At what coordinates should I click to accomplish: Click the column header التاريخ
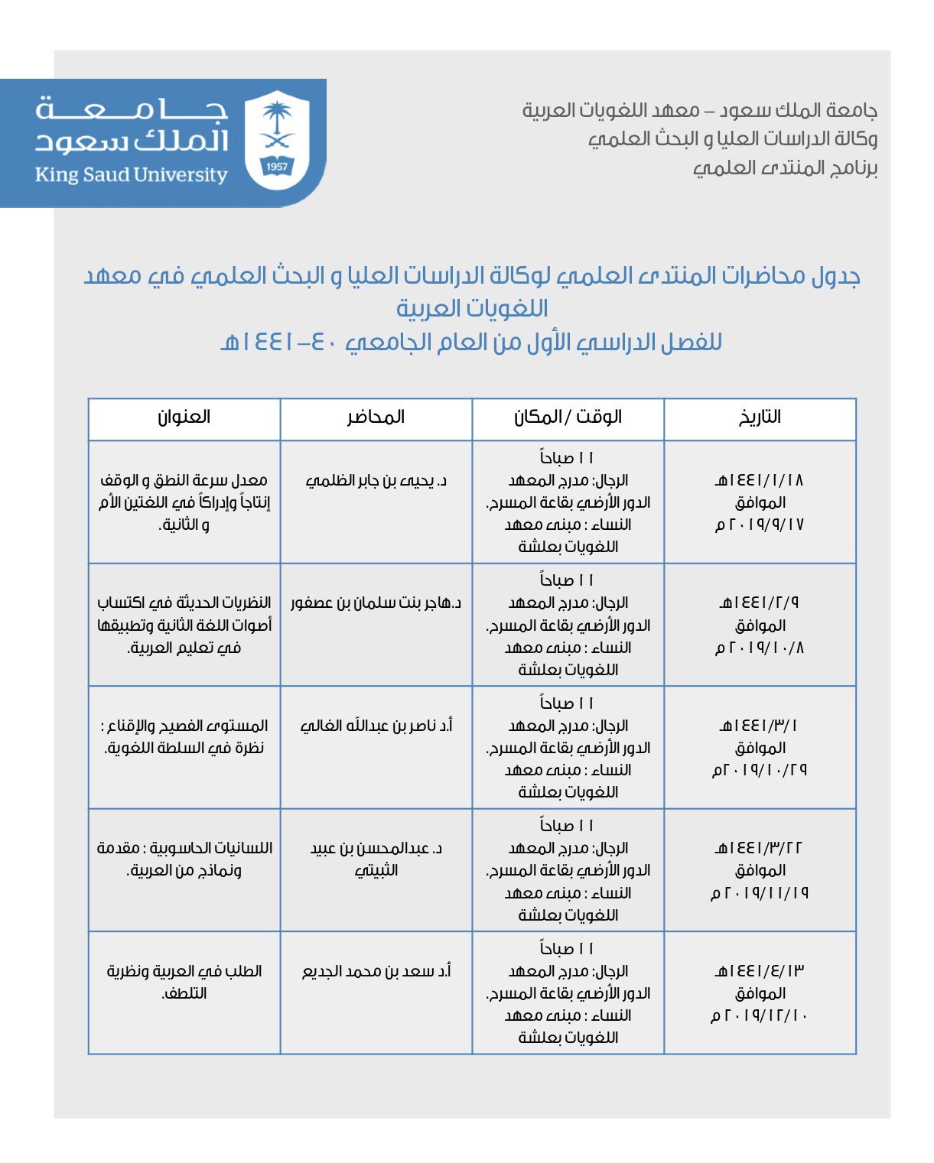(x=760, y=417)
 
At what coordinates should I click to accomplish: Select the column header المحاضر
(x=376, y=417)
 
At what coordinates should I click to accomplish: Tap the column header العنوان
(x=184, y=417)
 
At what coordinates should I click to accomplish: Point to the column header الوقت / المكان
(x=568, y=417)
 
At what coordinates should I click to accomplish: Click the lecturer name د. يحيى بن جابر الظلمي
(x=376, y=481)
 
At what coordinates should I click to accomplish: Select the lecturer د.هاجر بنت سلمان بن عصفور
(x=376, y=603)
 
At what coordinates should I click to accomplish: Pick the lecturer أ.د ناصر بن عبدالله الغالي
(x=376, y=726)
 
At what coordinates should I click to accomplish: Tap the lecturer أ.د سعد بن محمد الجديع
(x=376, y=971)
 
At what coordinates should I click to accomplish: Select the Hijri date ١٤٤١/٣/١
(x=760, y=726)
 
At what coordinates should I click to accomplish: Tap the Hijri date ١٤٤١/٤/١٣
(x=760, y=971)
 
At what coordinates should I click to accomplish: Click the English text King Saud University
(x=131, y=175)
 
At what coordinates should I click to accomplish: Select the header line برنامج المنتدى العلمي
(x=785, y=168)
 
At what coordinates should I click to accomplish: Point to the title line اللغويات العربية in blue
(x=472, y=309)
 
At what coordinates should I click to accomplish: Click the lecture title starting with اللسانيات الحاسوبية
(x=184, y=859)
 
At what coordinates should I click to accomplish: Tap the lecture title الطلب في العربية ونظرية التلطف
(x=184, y=982)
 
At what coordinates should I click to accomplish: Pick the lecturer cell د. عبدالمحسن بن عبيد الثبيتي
(x=376, y=859)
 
